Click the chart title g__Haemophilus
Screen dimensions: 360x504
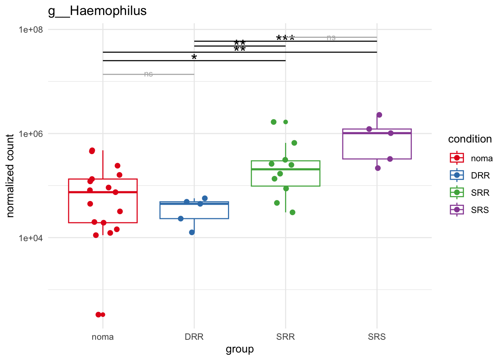[97, 11]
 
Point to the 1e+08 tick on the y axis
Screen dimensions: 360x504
[31, 30]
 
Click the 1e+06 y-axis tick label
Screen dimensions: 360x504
[31, 134]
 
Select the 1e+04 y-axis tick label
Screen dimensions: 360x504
[31, 238]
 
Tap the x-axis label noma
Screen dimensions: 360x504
[103, 337]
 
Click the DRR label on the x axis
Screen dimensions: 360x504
[194, 337]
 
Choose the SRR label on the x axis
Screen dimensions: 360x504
[285, 337]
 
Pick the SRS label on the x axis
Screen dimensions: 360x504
[377, 337]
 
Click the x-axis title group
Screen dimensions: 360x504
[240, 349]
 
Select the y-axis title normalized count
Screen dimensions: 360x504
[10, 175]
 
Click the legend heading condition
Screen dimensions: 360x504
[470, 139]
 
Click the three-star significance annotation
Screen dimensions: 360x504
[285, 38]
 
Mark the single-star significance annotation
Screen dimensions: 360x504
[194, 57]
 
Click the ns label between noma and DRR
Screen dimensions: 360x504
[148, 74]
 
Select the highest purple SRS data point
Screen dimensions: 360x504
[379, 115]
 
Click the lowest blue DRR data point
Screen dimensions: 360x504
[192, 232]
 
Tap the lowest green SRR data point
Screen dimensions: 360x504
[292, 213]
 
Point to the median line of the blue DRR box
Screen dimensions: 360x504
[194, 204]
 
